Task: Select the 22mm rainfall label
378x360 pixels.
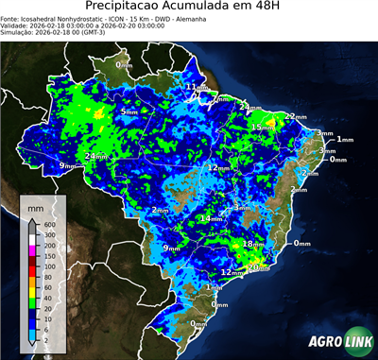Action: [296, 116]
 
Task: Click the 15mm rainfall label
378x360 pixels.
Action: [262, 128]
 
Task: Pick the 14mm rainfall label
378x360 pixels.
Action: [212, 219]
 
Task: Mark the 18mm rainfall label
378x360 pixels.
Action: [253, 244]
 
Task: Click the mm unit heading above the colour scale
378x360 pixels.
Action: [36, 206]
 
